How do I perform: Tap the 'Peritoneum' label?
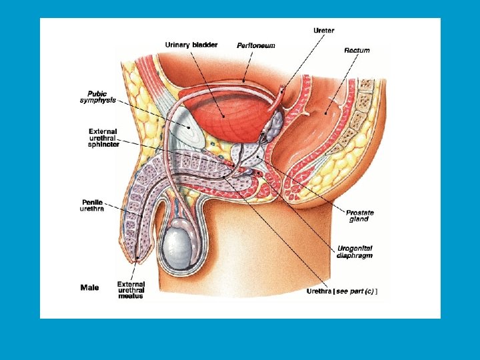tap(256, 45)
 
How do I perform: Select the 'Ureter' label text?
tap(324, 30)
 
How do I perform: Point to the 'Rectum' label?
tap(357, 50)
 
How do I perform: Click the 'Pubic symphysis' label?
tap(98, 97)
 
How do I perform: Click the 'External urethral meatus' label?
tap(131, 290)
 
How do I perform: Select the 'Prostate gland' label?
tap(360, 215)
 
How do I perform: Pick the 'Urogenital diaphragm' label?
tap(355, 251)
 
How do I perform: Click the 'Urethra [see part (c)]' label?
tap(342, 291)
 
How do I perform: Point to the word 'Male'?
tap(89, 288)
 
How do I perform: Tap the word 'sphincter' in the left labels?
tap(104, 145)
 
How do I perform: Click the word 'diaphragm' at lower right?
tap(355, 255)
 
